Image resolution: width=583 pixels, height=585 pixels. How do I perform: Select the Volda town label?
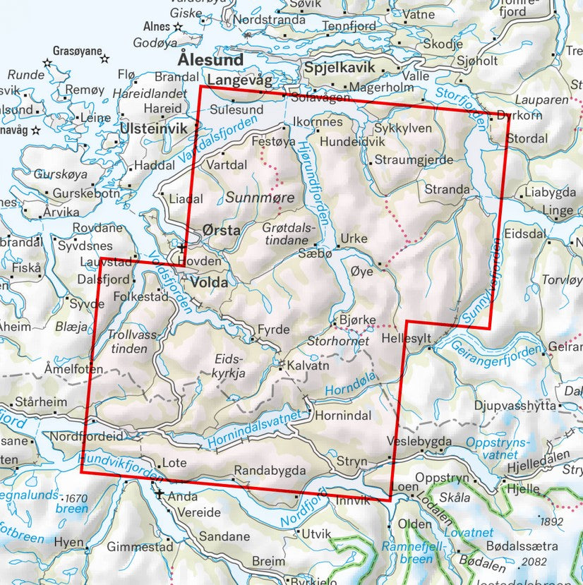209,283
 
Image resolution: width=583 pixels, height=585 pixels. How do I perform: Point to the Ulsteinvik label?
148,128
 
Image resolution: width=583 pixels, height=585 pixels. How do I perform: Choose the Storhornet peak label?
339,342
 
